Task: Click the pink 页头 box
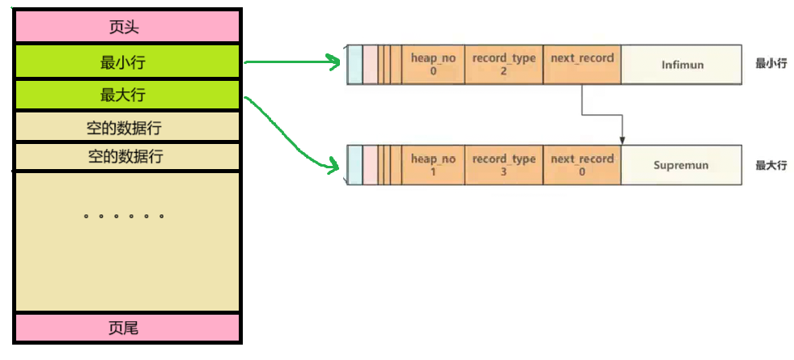(x=126, y=28)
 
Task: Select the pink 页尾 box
(x=126, y=328)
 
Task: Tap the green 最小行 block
(x=126, y=61)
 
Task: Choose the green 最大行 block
(x=126, y=95)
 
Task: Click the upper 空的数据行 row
(x=126, y=127)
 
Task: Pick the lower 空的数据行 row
(x=126, y=156)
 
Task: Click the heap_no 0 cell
(x=433, y=65)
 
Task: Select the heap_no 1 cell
(x=433, y=165)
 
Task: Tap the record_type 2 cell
(x=503, y=65)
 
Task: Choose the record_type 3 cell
(x=503, y=165)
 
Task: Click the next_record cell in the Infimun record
(x=582, y=65)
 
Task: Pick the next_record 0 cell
(x=582, y=165)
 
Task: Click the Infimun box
(x=681, y=65)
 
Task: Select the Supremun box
(x=681, y=165)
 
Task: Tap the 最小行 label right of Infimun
(x=771, y=63)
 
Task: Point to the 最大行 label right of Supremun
(x=771, y=165)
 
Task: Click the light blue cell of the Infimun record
(x=355, y=65)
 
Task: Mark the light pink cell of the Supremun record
(x=371, y=165)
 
